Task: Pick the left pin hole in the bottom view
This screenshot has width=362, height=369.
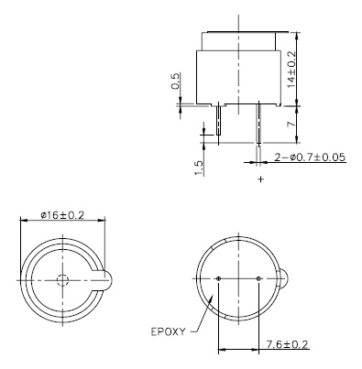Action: (219, 278)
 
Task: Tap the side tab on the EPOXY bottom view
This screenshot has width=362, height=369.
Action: (284, 278)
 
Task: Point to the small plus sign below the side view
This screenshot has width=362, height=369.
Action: (262, 179)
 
